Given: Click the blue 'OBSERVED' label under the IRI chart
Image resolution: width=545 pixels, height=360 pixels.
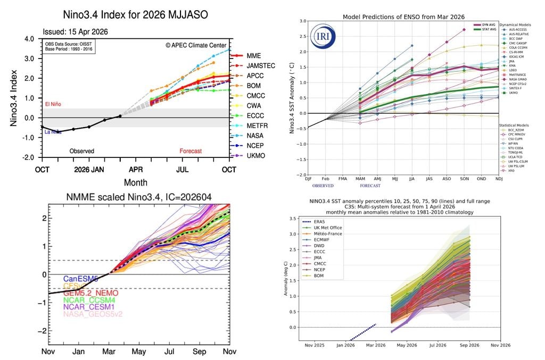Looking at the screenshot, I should tap(323, 186).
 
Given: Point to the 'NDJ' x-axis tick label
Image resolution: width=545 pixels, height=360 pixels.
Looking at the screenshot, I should tap(500, 179).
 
